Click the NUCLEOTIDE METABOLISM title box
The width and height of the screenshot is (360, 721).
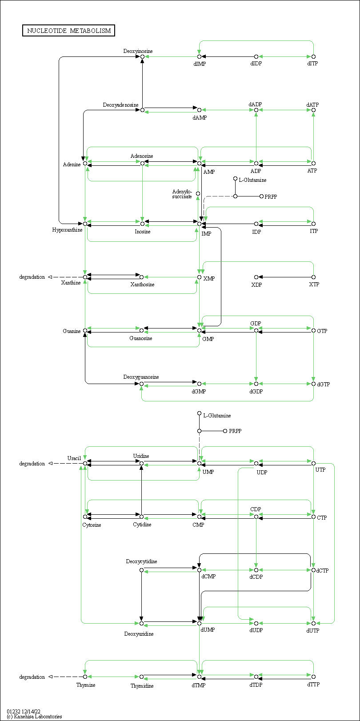pyautogui.click(x=68, y=31)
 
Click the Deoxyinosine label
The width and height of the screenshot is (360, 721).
pyautogui.click(x=138, y=51)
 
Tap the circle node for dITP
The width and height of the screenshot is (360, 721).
pyautogui.click(x=313, y=56)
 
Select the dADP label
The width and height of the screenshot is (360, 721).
pyautogui.click(x=255, y=104)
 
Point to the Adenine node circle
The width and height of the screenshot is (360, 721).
pyautogui.click(x=85, y=164)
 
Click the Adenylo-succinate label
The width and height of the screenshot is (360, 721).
pyautogui.click(x=182, y=194)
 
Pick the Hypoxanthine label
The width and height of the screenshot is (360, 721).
pyautogui.click(x=67, y=230)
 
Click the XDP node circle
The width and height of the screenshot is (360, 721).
pyautogui.click(x=256, y=277)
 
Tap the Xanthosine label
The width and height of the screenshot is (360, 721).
pyautogui.click(x=142, y=284)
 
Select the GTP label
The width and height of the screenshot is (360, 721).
pyautogui.click(x=322, y=331)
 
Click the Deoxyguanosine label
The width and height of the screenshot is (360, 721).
pyautogui.click(x=141, y=377)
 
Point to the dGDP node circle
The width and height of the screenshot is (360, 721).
pyautogui.click(x=256, y=384)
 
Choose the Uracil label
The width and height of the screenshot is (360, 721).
pyautogui.click(x=74, y=458)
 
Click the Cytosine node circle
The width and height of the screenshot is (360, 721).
pyautogui.click(x=85, y=517)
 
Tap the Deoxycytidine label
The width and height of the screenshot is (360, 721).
pyautogui.click(x=141, y=561)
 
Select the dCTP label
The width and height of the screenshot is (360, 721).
pyautogui.click(x=322, y=570)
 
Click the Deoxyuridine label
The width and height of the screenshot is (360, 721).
pyautogui.click(x=139, y=634)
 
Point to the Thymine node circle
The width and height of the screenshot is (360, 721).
pyautogui.click(x=85, y=677)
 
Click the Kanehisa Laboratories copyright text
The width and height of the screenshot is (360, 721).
pyautogui.click(x=34, y=717)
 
